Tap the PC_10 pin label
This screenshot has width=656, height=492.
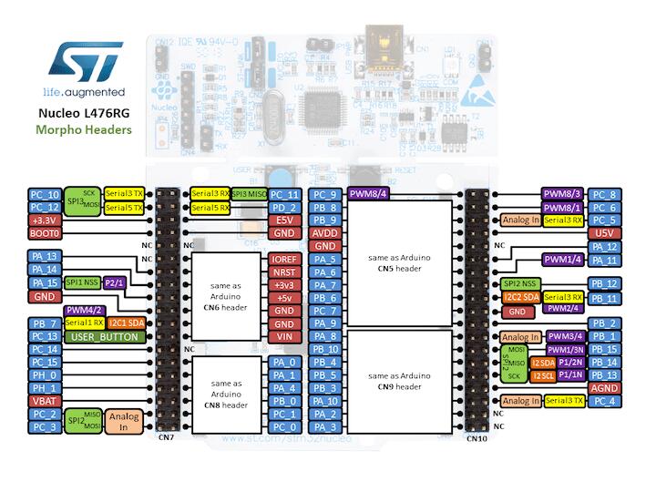[x=45, y=194]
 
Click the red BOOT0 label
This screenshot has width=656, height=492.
[x=45, y=233]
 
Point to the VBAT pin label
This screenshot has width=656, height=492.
[x=45, y=400]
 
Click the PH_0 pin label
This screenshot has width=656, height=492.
[x=45, y=374]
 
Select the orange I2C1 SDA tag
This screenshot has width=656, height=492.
[x=126, y=323]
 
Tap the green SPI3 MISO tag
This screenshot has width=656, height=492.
[x=249, y=194]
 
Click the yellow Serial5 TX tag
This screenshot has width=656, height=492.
[x=124, y=208]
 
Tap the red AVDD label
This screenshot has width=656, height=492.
[x=325, y=233]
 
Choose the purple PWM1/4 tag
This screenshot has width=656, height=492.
[x=564, y=260]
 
